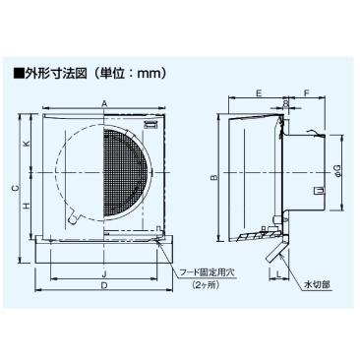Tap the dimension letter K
[x=27, y=146]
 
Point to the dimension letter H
[x=27, y=206]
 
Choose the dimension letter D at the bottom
[x=104, y=285]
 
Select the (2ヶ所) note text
[x=207, y=284]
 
